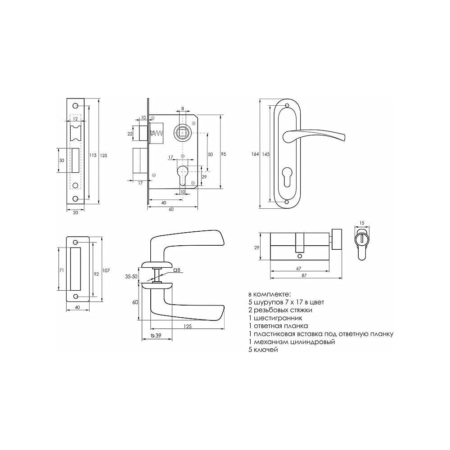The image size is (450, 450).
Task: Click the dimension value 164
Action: point(255,154)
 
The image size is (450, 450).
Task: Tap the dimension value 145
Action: point(266,154)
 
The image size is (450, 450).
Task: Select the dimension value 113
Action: point(93,155)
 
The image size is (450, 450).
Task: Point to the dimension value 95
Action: point(224,154)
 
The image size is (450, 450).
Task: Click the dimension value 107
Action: point(106,270)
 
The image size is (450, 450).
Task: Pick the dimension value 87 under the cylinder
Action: point(304,275)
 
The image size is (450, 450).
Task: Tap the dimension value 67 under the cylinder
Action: point(298,268)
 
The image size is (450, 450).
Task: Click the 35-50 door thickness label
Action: point(131,277)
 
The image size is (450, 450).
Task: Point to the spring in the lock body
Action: point(157,133)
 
